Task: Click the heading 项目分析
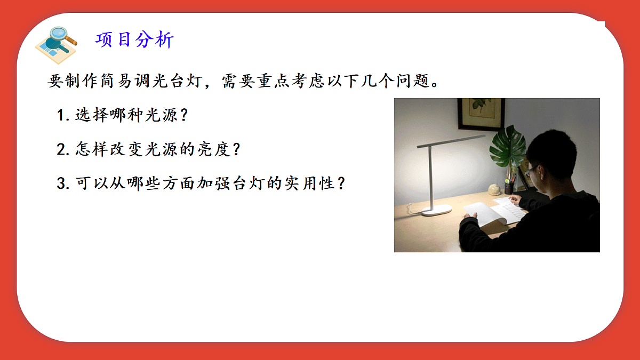pyautogui.click(x=134, y=40)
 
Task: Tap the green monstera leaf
pyautogui.click(x=507, y=147)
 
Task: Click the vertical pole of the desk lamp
pyautogui.click(x=430, y=176)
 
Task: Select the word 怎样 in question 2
pyautogui.click(x=92, y=149)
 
